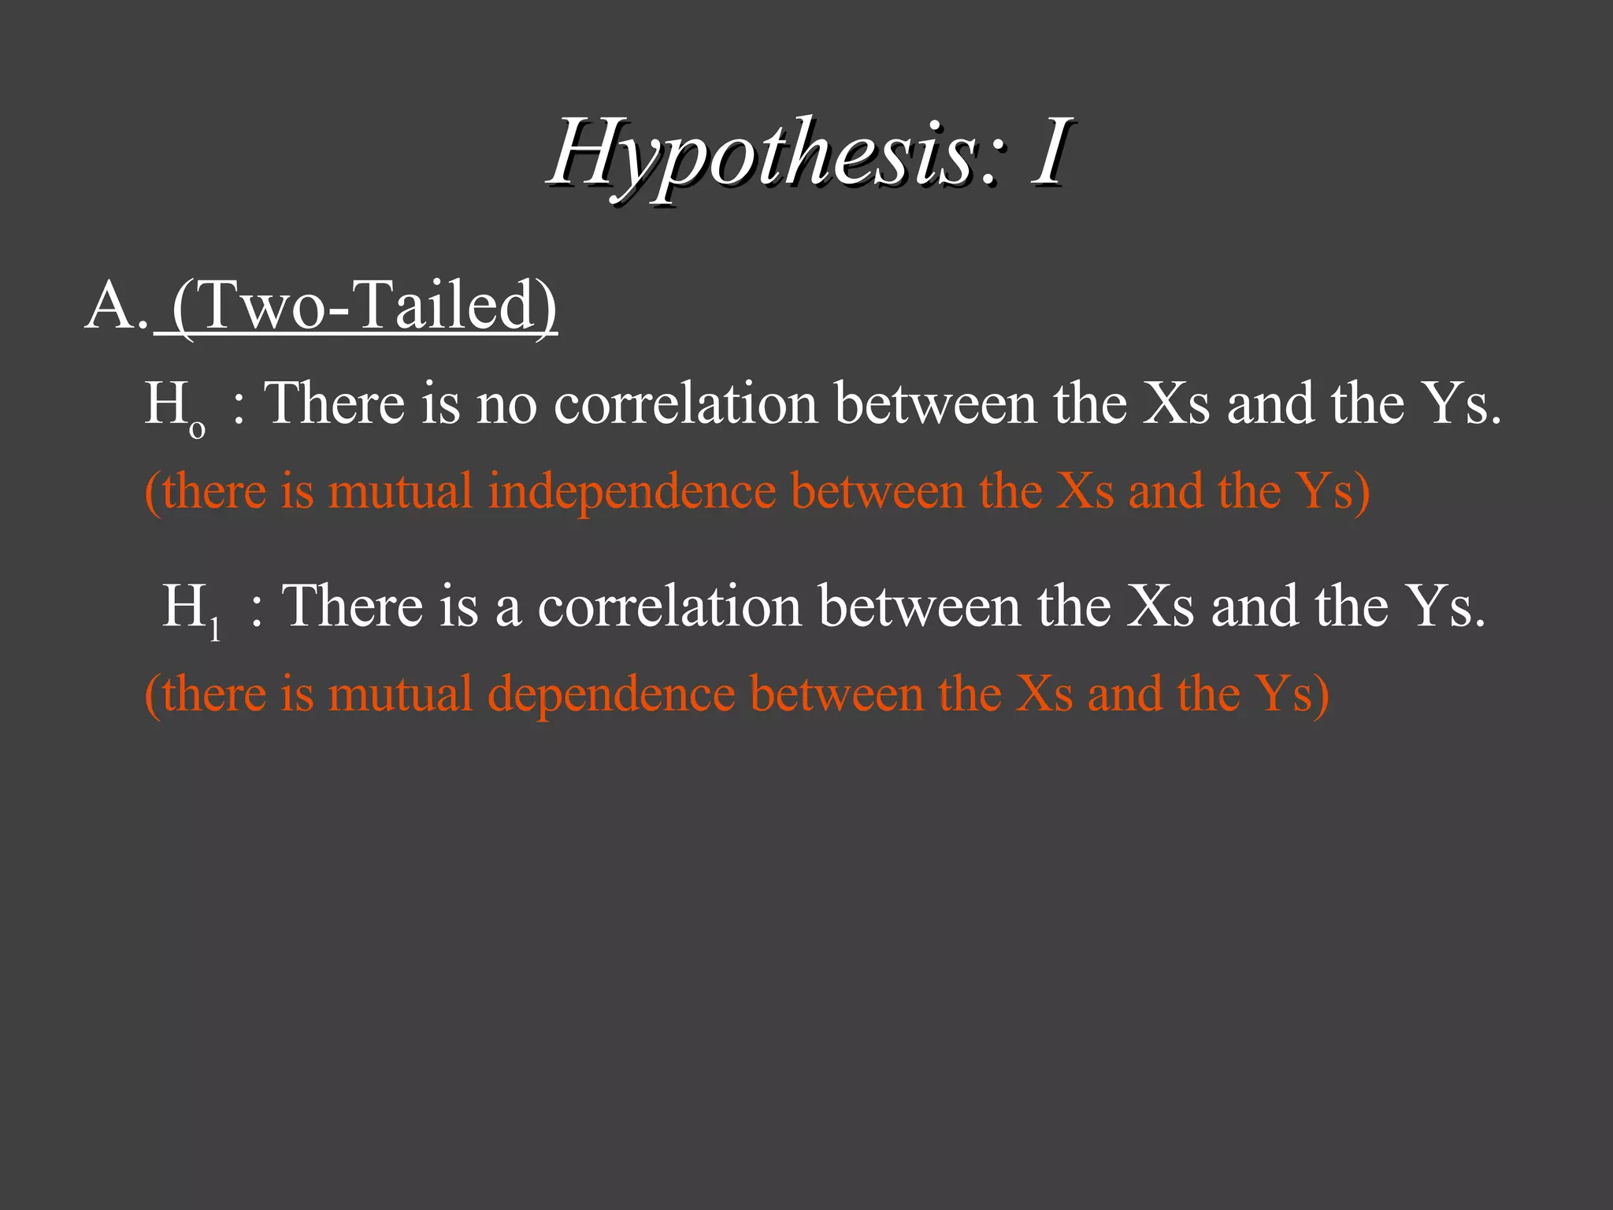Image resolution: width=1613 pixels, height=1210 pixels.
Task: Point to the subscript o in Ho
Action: click(197, 429)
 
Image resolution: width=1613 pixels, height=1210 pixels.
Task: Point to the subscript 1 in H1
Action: click(215, 631)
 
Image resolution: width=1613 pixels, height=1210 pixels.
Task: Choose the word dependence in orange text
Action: click(611, 694)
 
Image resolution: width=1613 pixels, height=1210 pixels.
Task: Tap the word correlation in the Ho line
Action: click(686, 403)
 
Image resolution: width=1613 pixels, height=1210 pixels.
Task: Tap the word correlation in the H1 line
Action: click(669, 606)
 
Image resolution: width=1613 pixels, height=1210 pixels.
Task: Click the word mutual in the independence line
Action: click(399, 491)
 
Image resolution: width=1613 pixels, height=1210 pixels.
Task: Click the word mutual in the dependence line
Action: click(399, 694)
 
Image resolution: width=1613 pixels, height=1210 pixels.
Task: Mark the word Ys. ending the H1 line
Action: click(1447, 606)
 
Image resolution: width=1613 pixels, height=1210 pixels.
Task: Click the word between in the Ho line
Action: click(936, 403)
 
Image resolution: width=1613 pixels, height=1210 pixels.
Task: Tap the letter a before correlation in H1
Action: click(508, 607)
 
